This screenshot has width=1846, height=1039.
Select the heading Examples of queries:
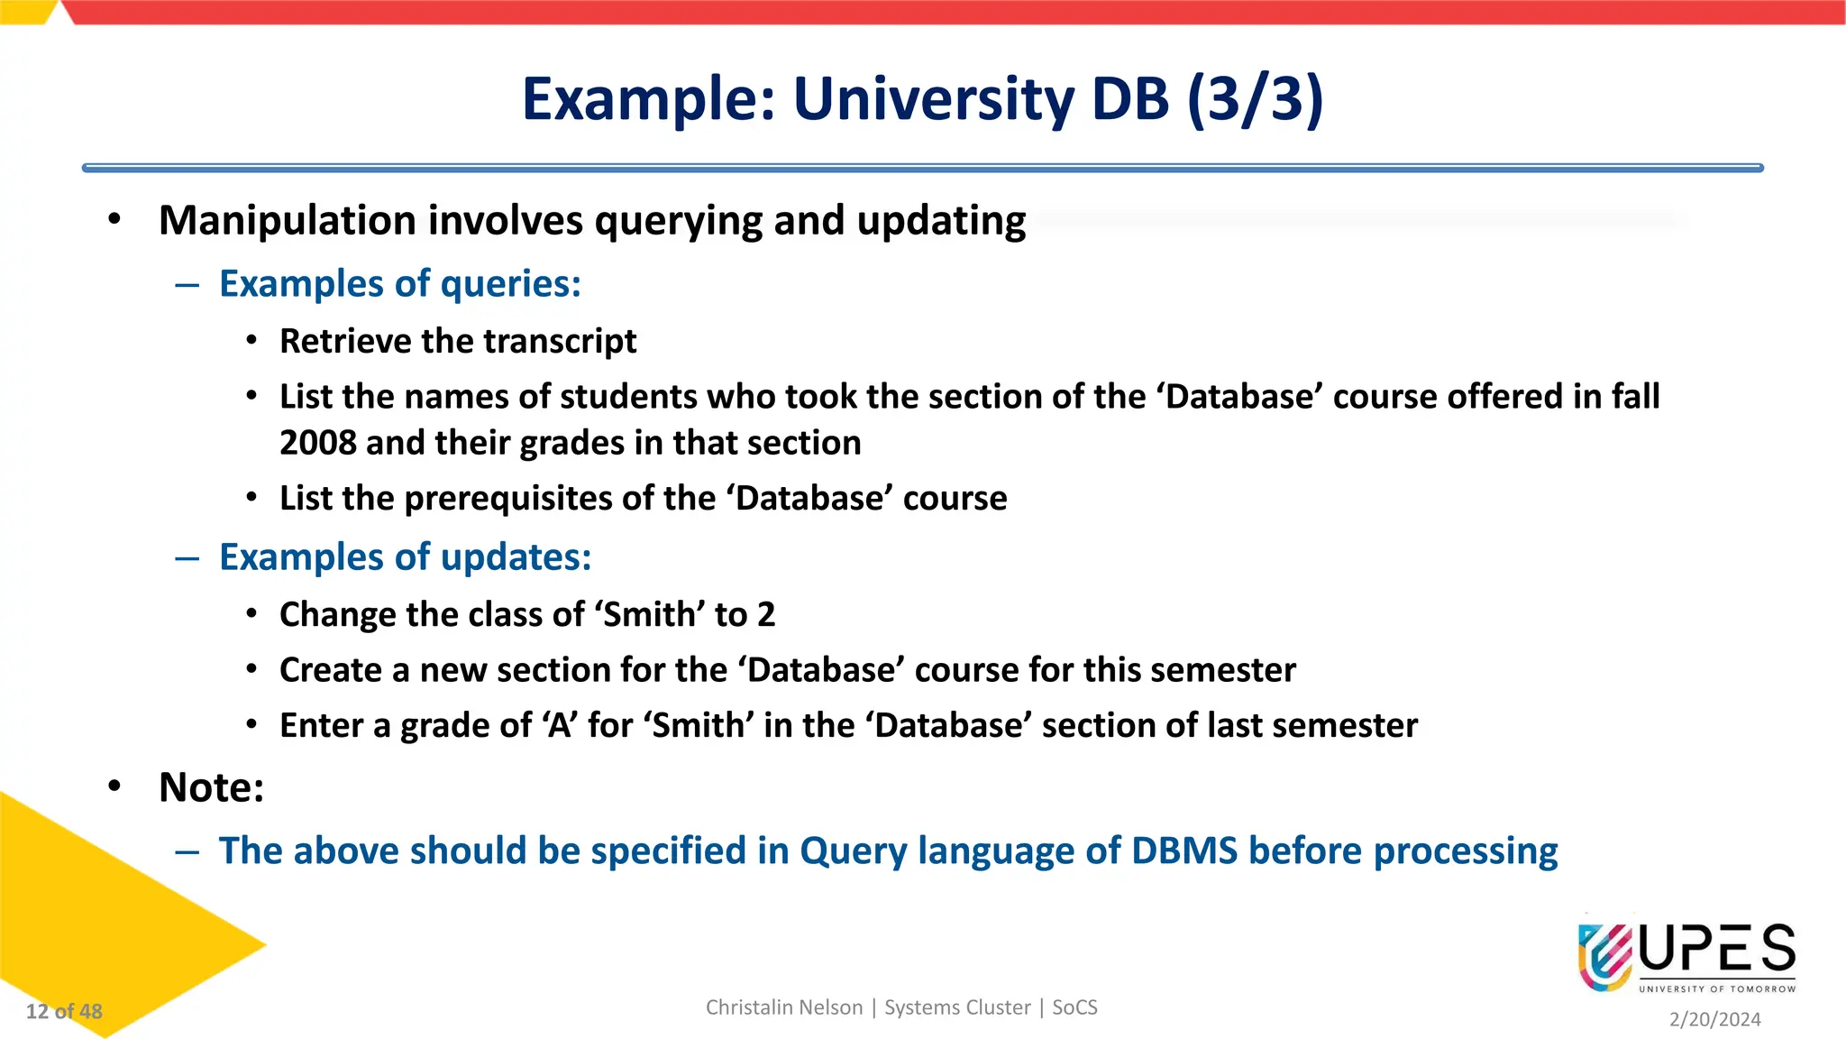click(400, 284)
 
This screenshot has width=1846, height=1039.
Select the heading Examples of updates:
click(405, 557)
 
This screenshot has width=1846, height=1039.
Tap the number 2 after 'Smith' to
click(766, 615)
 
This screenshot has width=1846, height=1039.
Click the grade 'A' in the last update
click(560, 726)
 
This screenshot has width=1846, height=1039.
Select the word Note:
click(212, 787)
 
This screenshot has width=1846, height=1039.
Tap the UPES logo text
click(1717, 950)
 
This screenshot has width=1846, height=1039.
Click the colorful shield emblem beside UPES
click(1604, 956)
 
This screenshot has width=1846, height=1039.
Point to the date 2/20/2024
click(1714, 1019)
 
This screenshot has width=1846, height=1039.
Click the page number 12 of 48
click(64, 1012)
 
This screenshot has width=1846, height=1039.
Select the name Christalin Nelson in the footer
click(783, 1007)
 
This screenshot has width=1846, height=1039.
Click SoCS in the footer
click(1074, 1007)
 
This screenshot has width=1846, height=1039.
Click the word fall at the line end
click(1635, 397)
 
